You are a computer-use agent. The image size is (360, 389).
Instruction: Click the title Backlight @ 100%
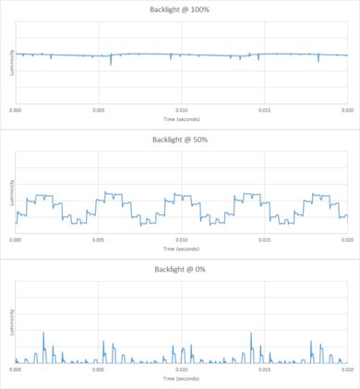pos(181,10)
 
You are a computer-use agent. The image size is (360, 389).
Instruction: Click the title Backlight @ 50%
pos(181,140)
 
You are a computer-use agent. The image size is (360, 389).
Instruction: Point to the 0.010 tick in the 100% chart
pos(181,110)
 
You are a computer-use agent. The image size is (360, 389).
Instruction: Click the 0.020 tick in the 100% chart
pos(345,110)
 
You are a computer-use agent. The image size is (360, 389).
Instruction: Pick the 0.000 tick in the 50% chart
pos(17,239)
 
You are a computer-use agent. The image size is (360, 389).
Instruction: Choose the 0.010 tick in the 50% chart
pos(181,239)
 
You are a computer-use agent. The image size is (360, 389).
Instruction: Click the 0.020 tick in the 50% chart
pos(345,239)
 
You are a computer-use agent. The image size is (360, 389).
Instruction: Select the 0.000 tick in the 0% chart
pos(17,369)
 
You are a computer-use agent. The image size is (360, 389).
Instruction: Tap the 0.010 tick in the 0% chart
pos(181,369)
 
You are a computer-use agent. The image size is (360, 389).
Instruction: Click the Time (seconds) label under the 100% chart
pos(181,119)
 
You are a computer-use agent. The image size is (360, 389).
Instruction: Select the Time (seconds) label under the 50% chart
pos(181,249)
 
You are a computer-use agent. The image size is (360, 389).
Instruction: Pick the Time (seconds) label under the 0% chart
pos(181,378)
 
